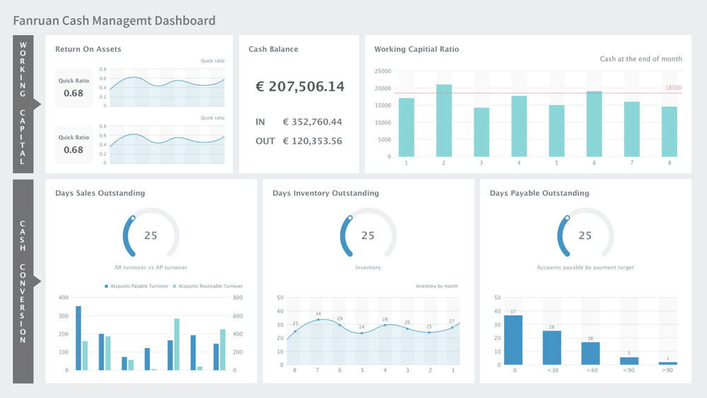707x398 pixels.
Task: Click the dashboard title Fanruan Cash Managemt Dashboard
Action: pos(114,21)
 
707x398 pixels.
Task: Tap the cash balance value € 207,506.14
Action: pos(300,86)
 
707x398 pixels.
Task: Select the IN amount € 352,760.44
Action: pos(312,122)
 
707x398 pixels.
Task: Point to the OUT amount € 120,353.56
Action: pos(312,141)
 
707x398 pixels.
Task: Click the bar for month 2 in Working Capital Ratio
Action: pos(444,121)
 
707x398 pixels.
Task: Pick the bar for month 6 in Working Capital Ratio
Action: pos(594,124)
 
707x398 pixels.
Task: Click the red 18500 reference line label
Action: pos(673,88)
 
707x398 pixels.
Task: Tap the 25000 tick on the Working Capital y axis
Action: pos(382,71)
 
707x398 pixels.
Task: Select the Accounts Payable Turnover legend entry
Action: pos(136,286)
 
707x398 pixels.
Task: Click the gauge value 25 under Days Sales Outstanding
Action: pos(151,235)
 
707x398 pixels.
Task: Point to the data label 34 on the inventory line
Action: pos(318,314)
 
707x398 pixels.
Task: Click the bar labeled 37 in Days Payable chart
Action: pos(513,339)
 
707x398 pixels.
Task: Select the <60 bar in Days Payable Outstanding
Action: pos(590,353)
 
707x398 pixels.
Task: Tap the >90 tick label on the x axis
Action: pos(667,370)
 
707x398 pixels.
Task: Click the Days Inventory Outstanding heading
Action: pos(325,193)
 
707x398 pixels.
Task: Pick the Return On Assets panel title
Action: pos(88,49)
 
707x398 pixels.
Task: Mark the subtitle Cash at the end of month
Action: pos(641,59)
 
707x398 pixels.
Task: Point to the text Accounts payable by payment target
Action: pos(585,268)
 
